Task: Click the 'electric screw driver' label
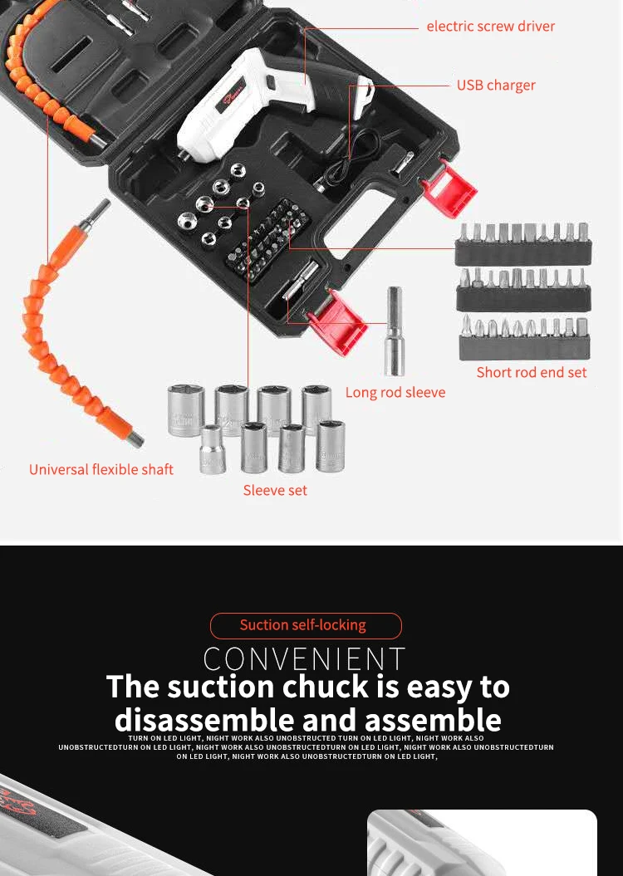pyautogui.click(x=491, y=27)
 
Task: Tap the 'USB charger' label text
pyautogui.click(x=496, y=86)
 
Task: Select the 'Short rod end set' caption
pyautogui.click(x=532, y=373)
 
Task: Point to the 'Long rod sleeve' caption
pyautogui.click(x=395, y=392)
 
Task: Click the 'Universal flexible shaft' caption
pyautogui.click(x=101, y=469)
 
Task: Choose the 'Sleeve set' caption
pyautogui.click(x=275, y=490)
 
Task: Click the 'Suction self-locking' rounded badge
pyautogui.click(x=306, y=626)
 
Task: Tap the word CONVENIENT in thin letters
pyautogui.click(x=305, y=658)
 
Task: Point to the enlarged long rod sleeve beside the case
pyautogui.click(x=395, y=331)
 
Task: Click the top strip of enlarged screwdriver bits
pyautogui.click(x=523, y=243)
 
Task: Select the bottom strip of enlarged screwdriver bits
pyautogui.click(x=525, y=337)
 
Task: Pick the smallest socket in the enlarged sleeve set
pyautogui.click(x=213, y=449)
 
